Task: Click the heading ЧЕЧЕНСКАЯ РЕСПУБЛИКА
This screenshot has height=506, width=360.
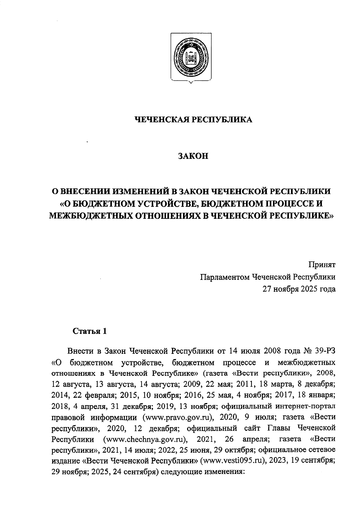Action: click(x=193, y=119)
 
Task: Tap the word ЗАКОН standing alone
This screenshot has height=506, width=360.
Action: click(x=193, y=156)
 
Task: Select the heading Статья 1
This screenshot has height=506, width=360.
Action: click(x=90, y=331)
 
